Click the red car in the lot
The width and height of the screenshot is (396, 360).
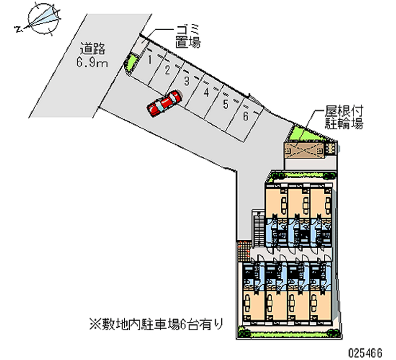coord(164,103)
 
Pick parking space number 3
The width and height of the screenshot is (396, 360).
coord(187,81)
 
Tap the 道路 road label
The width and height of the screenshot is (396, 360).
coord(93,49)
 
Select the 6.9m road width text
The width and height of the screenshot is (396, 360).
coord(92,62)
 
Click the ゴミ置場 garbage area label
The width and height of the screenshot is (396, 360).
coord(188,36)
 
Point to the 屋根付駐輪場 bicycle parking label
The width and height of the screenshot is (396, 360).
coord(344,117)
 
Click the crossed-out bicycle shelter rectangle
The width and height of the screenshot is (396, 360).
coord(304,151)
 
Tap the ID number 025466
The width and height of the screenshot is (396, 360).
coord(365,353)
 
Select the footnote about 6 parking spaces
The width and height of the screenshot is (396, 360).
coord(156,324)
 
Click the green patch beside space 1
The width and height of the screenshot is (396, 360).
coord(132,63)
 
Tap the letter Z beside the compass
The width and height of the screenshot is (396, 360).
coord(18,29)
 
